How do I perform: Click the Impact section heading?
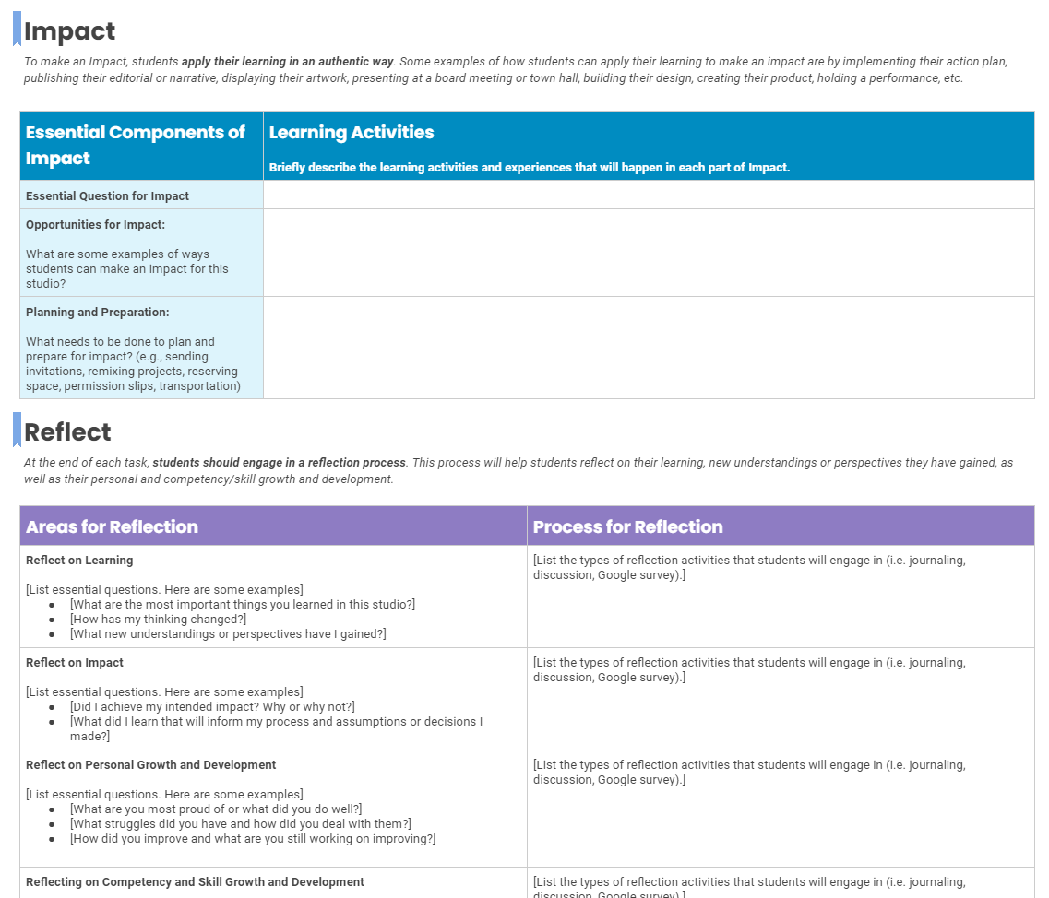click(69, 31)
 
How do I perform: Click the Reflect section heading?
click(67, 432)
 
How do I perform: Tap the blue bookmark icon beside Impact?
click(17, 29)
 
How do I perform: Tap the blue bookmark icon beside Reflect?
click(17, 430)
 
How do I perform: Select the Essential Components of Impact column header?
click(136, 145)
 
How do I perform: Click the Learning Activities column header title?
click(352, 133)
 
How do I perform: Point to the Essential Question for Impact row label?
click(107, 195)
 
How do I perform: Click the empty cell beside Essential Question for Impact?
click(648, 195)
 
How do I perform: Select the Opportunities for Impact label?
click(95, 224)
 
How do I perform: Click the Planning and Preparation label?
click(97, 312)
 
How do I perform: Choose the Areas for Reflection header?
click(112, 526)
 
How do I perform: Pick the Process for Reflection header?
click(627, 526)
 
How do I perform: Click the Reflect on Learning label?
click(79, 560)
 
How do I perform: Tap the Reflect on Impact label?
click(75, 662)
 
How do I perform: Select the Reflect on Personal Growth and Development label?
click(150, 764)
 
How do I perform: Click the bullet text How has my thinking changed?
click(158, 619)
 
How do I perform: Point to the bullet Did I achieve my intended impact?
click(212, 706)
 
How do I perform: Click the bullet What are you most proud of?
click(216, 809)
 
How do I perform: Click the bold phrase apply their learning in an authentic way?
click(288, 62)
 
